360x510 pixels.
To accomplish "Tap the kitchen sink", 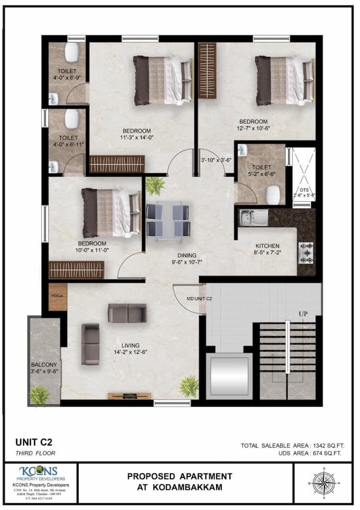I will (x=254, y=218).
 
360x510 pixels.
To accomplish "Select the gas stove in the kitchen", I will (x=306, y=253).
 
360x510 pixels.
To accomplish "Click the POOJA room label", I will (x=58, y=296).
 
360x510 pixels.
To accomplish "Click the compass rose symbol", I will (x=324, y=482).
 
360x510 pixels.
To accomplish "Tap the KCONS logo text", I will (x=38, y=471).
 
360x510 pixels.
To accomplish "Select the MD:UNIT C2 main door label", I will (x=199, y=299).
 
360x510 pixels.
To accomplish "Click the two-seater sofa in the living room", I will (x=127, y=313).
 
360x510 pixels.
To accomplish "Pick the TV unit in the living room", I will (x=126, y=396).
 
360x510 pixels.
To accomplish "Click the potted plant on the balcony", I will (x=39, y=395).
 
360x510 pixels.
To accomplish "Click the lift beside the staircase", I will (x=228, y=376).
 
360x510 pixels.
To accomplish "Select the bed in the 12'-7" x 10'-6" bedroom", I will (x=284, y=80).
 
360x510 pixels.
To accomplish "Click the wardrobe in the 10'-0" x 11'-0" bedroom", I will (x=76, y=270).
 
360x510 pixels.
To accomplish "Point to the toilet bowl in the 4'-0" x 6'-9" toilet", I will (x=72, y=53).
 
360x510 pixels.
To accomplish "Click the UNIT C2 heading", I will (x=34, y=442).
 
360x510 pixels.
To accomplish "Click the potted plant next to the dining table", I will (x=155, y=186).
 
